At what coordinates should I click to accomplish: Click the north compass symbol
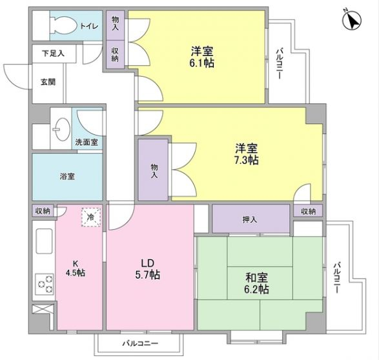(x=351, y=21)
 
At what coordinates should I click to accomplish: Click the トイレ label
(x=88, y=26)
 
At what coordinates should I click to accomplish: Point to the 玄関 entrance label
(x=48, y=81)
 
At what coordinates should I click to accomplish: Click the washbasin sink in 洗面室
(x=62, y=128)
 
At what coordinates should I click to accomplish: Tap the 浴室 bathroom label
(x=67, y=176)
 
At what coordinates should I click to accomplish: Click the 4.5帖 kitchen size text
(x=76, y=273)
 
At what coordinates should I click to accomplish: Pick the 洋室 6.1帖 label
(x=202, y=56)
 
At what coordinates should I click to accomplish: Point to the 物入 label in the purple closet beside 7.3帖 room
(x=154, y=170)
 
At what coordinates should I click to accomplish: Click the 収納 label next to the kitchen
(x=43, y=211)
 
